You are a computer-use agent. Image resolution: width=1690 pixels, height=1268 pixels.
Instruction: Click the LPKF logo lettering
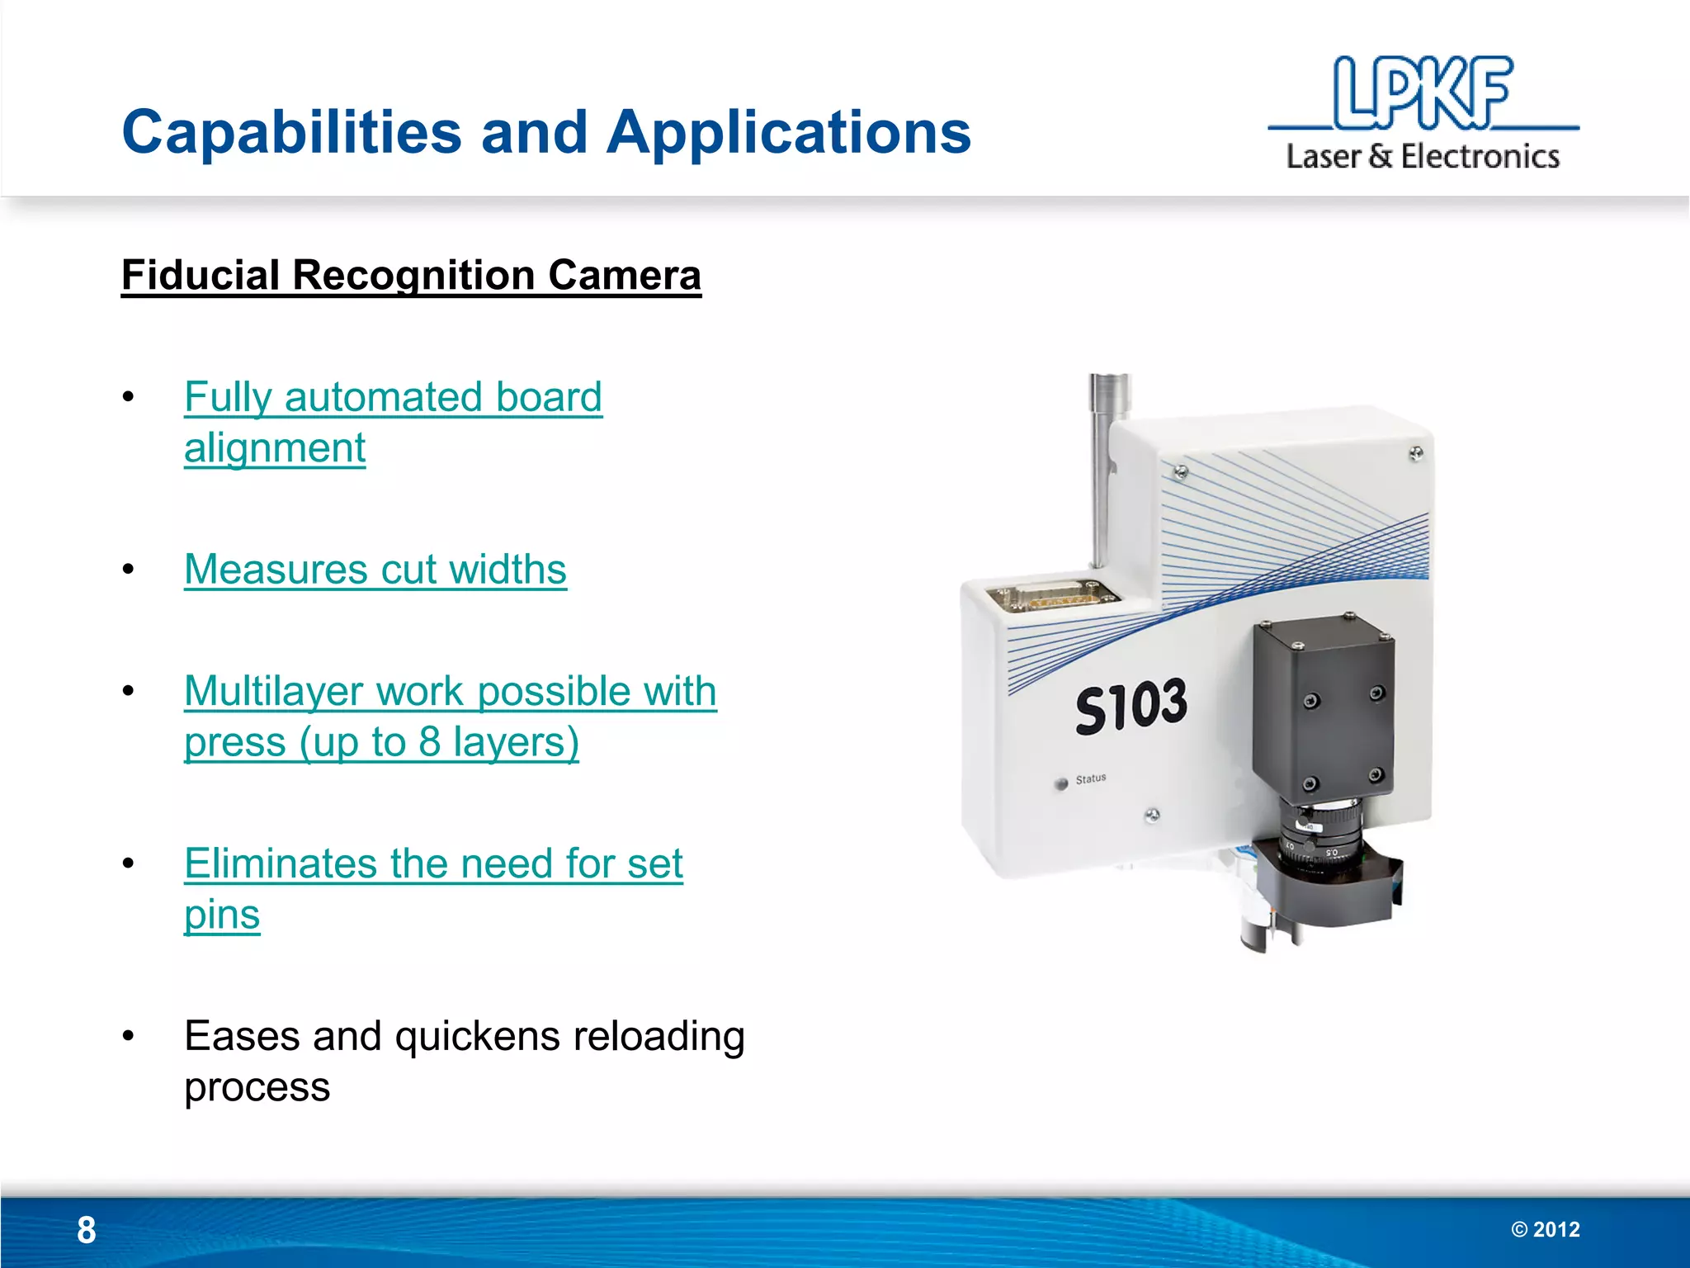pyautogui.click(x=1423, y=92)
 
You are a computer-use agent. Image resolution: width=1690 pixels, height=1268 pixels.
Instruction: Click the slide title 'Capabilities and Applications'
pyautogui.click(x=546, y=132)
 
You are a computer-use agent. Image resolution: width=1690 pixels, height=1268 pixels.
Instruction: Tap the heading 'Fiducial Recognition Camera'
pyautogui.click(x=411, y=275)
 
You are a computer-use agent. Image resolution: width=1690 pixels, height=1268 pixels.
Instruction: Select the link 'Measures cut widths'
pyautogui.click(x=375, y=570)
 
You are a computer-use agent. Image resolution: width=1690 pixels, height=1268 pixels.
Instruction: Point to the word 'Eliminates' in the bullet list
pyautogui.click(x=281, y=863)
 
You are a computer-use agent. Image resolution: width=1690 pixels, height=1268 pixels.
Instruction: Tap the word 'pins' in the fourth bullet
pyautogui.click(x=222, y=915)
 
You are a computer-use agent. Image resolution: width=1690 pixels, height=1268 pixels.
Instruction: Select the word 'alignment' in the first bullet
pyautogui.click(x=275, y=448)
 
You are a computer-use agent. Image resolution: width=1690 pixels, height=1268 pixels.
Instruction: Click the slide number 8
pyautogui.click(x=87, y=1230)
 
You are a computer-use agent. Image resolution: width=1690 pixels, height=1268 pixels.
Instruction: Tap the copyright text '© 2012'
pyautogui.click(x=1545, y=1230)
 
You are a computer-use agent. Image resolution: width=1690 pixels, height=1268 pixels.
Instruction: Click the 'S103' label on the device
pyautogui.click(x=1131, y=707)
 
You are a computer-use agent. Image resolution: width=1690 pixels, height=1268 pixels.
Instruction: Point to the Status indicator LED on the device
pyautogui.click(x=1061, y=783)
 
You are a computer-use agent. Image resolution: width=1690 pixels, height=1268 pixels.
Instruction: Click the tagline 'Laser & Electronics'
pyautogui.click(x=1423, y=157)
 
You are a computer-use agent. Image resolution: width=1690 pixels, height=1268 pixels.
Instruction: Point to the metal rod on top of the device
pyautogui.click(x=1103, y=471)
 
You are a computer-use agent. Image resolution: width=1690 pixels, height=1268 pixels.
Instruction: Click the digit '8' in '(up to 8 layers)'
pyautogui.click(x=429, y=742)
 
